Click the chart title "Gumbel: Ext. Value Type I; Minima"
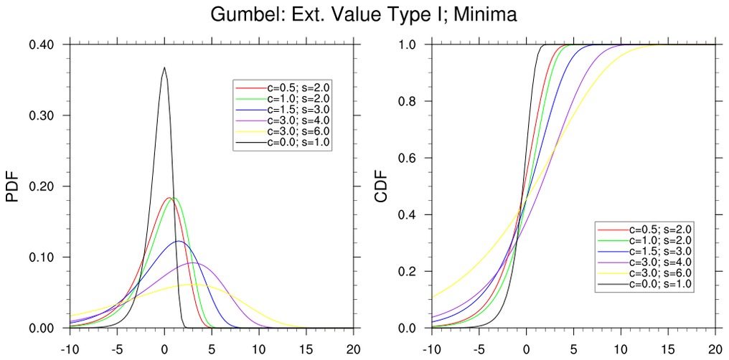tap(364, 14)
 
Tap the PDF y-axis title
tap(12, 186)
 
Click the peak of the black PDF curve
tap(164, 67)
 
